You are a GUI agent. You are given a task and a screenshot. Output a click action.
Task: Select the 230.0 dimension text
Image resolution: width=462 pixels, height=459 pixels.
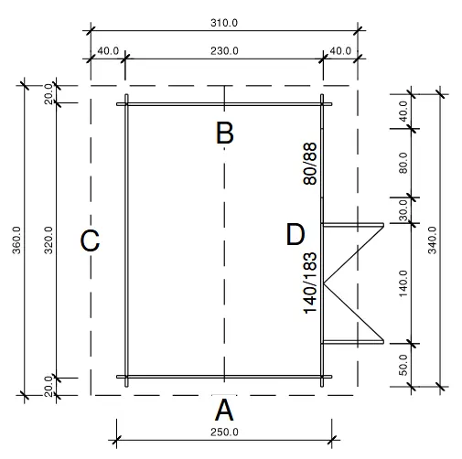(x=223, y=51)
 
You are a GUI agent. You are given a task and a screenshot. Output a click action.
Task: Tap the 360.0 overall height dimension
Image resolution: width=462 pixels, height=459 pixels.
(x=16, y=240)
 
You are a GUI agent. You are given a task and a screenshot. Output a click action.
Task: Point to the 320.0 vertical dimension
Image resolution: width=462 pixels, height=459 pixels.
(x=48, y=240)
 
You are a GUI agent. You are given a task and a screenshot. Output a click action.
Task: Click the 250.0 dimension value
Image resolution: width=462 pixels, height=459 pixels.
(x=223, y=432)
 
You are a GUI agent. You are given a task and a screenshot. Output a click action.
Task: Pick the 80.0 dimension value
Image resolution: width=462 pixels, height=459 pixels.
(x=403, y=165)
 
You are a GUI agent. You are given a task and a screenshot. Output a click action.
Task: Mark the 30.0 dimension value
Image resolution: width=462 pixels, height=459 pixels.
(x=403, y=210)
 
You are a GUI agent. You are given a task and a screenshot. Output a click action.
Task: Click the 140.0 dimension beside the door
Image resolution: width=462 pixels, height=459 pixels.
(x=403, y=283)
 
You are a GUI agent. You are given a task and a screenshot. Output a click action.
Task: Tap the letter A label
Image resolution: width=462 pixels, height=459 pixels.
(x=223, y=408)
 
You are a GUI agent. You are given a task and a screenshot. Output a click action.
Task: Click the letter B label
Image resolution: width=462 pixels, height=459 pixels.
(x=224, y=133)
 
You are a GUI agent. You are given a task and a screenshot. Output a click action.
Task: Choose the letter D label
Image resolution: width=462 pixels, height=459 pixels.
(x=295, y=235)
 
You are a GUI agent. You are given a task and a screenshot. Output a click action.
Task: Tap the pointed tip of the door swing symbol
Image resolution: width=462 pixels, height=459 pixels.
(x=326, y=282)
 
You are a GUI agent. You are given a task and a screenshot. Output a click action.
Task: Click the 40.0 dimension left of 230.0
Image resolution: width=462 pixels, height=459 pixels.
(x=107, y=51)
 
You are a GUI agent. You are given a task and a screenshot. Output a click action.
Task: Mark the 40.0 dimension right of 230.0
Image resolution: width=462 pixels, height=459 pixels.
(x=339, y=51)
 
